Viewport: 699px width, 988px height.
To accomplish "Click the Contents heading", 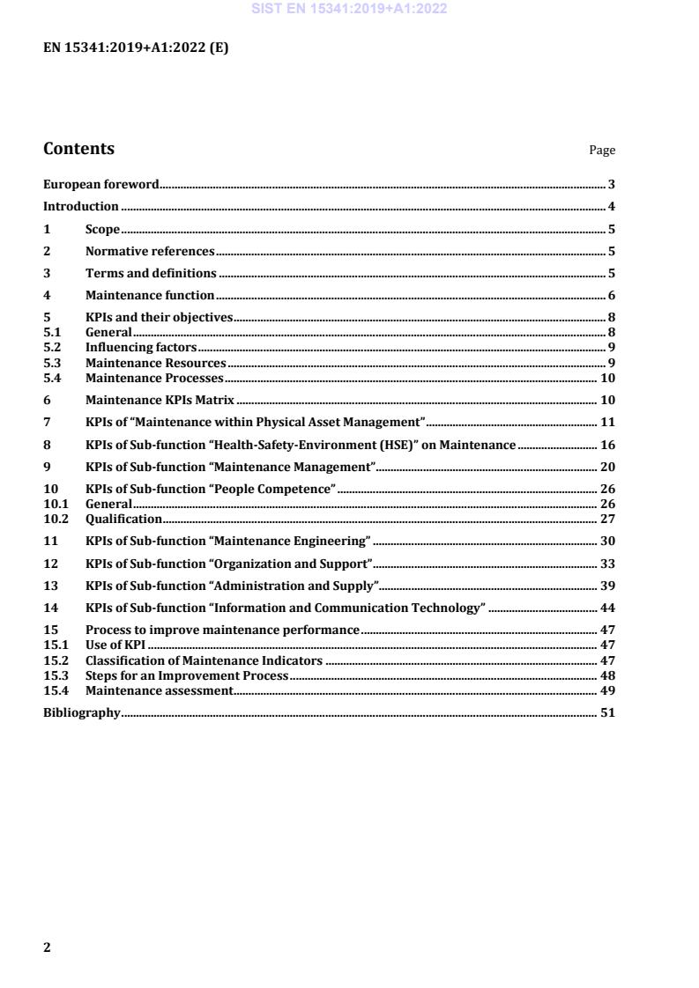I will [x=78, y=149].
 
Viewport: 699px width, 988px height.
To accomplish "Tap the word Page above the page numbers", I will [x=602, y=151].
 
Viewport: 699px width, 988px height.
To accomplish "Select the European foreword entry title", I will [x=101, y=185].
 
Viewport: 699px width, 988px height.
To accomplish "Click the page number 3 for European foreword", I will [x=611, y=185].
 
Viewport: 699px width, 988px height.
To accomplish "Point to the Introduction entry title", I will [x=81, y=207].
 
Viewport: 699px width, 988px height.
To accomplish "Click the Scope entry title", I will [x=102, y=230].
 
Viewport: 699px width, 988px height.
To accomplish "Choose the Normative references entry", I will [x=150, y=252].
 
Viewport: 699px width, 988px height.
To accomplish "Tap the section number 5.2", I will [x=52, y=348].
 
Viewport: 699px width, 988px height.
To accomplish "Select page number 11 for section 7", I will [x=607, y=423].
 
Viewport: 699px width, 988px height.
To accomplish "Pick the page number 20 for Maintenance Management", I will [x=607, y=467].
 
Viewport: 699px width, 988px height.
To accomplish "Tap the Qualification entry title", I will [x=123, y=520].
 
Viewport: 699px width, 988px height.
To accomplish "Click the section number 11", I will [x=50, y=542].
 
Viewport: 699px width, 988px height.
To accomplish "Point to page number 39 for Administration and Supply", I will [x=607, y=586].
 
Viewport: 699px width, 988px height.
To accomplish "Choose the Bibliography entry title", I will [x=82, y=713].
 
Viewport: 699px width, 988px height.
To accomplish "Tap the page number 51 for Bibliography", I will [x=607, y=713].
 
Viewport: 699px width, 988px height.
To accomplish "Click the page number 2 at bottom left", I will [x=48, y=948].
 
